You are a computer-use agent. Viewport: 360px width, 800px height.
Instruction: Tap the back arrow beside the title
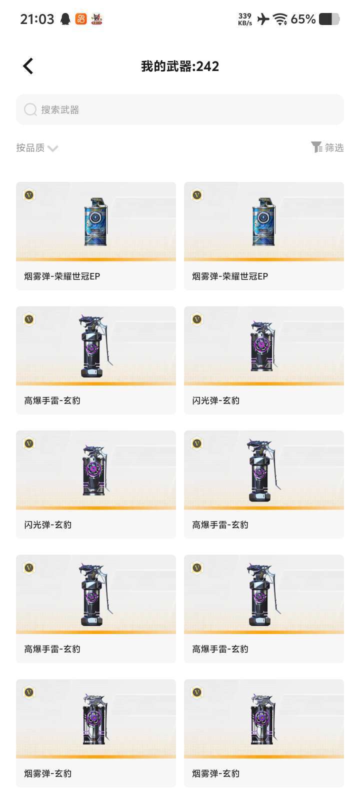click(x=28, y=66)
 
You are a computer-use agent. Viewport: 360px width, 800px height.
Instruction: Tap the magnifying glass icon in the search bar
click(x=30, y=109)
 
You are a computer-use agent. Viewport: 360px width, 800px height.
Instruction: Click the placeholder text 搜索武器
click(x=60, y=110)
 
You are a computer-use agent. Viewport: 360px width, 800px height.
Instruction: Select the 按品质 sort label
click(x=30, y=147)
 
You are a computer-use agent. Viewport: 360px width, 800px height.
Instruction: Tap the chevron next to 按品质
click(x=52, y=148)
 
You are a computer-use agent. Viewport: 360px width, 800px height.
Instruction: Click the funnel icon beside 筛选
click(x=316, y=147)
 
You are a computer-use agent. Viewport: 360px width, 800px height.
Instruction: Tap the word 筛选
click(x=334, y=147)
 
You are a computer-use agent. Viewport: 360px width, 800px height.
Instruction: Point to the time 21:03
click(x=37, y=19)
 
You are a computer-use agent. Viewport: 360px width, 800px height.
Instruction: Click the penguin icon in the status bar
click(x=65, y=19)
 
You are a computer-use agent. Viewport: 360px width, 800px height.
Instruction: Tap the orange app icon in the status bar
click(x=81, y=19)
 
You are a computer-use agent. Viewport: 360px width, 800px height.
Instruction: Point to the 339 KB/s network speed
click(x=245, y=19)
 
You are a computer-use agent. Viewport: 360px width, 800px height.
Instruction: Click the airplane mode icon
click(x=263, y=19)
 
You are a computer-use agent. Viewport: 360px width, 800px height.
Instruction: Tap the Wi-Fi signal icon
click(x=280, y=19)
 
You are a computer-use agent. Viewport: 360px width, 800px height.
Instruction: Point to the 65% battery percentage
click(x=303, y=19)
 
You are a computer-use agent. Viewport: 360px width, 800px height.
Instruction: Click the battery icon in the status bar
click(x=329, y=19)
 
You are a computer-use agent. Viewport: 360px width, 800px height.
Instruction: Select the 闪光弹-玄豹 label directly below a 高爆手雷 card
click(x=48, y=524)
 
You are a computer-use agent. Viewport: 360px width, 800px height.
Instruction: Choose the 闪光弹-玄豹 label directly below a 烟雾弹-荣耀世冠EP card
click(x=216, y=400)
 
